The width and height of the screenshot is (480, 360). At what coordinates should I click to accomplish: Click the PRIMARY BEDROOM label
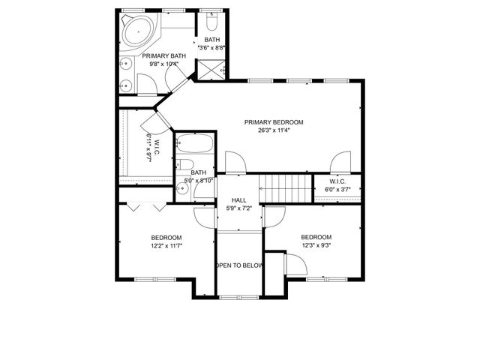(x=273, y=121)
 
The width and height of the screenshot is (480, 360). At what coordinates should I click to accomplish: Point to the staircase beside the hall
(x=285, y=187)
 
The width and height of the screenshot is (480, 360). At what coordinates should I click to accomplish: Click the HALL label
(x=238, y=199)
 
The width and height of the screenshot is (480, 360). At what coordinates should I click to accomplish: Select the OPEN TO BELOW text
(x=239, y=265)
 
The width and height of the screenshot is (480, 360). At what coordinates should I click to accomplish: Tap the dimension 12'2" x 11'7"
(x=166, y=245)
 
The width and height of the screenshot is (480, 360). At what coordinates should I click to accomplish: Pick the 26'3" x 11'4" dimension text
(x=273, y=130)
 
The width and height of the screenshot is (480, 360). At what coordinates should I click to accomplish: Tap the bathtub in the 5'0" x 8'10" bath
(x=195, y=145)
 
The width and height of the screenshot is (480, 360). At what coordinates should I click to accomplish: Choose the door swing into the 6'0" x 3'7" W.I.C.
(x=342, y=160)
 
